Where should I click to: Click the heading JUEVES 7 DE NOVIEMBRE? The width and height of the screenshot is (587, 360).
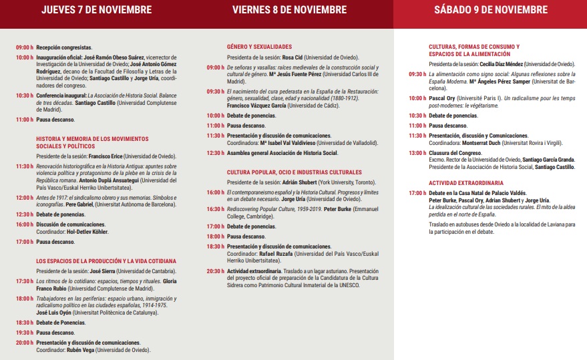[x=96, y=10]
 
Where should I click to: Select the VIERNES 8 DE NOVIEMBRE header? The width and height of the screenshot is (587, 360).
[x=290, y=10]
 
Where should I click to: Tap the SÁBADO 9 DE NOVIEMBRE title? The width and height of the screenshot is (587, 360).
[x=490, y=10]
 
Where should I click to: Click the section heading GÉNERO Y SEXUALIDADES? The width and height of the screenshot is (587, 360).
[x=259, y=47]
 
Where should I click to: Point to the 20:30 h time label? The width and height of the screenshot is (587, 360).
[x=215, y=271]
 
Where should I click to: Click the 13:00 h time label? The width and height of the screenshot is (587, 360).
[x=417, y=153]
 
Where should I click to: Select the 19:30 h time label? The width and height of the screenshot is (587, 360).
[x=25, y=332]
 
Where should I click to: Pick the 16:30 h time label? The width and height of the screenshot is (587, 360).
[x=215, y=209]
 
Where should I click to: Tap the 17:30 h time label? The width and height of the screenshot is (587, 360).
[x=25, y=281]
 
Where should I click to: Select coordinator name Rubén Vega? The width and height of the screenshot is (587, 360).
[x=79, y=349]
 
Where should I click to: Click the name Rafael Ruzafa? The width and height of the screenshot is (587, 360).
[x=272, y=254]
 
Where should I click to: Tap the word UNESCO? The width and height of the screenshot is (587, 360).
[x=348, y=285]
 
